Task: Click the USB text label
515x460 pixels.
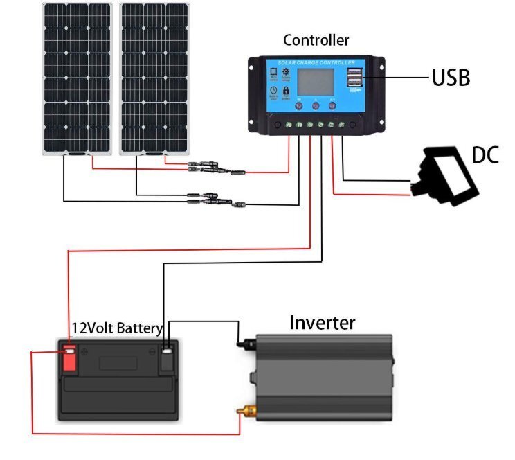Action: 451,77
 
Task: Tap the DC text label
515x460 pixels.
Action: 485,155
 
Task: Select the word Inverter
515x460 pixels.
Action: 322,322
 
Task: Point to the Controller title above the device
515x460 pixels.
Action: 316,40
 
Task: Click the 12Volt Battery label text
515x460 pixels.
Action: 117,328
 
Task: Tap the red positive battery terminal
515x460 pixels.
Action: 70,358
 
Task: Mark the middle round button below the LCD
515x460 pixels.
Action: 316,108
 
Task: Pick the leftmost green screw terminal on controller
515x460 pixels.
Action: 289,125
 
